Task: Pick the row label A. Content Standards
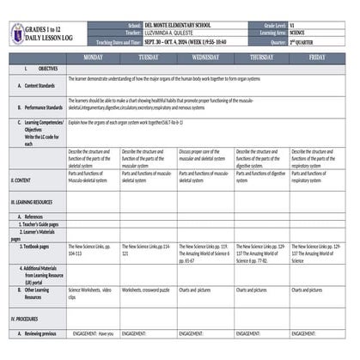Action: (36, 86)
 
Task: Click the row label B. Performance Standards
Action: (40, 107)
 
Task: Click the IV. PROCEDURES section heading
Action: (27, 318)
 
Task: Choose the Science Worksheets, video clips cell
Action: (90, 293)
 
